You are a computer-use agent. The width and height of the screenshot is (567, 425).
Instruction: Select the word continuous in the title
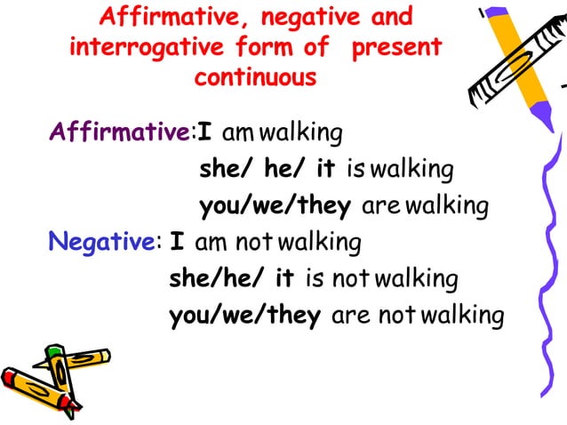tap(255, 76)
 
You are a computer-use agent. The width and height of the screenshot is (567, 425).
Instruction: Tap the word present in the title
tap(395, 46)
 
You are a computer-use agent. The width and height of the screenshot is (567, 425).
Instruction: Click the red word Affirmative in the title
tap(170, 17)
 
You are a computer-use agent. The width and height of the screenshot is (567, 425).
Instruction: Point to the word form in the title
tap(268, 46)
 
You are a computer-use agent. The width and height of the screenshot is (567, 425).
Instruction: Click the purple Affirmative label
tap(120, 133)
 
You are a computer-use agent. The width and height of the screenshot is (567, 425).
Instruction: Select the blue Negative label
tap(101, 241)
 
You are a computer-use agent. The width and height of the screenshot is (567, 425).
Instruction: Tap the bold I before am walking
tap(204, 133)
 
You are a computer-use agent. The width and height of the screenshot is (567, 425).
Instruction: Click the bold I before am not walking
tap(176, 241)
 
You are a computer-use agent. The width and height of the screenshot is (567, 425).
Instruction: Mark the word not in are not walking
tap(400, 316)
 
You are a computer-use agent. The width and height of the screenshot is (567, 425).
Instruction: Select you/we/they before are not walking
tap(244, 317)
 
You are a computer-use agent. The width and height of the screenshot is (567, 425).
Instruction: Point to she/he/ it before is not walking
tap(232, 279)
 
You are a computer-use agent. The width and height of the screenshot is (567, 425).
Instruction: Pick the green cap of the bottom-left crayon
tap(55, 353)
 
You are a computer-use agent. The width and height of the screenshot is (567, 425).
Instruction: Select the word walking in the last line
tap(464, 317)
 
